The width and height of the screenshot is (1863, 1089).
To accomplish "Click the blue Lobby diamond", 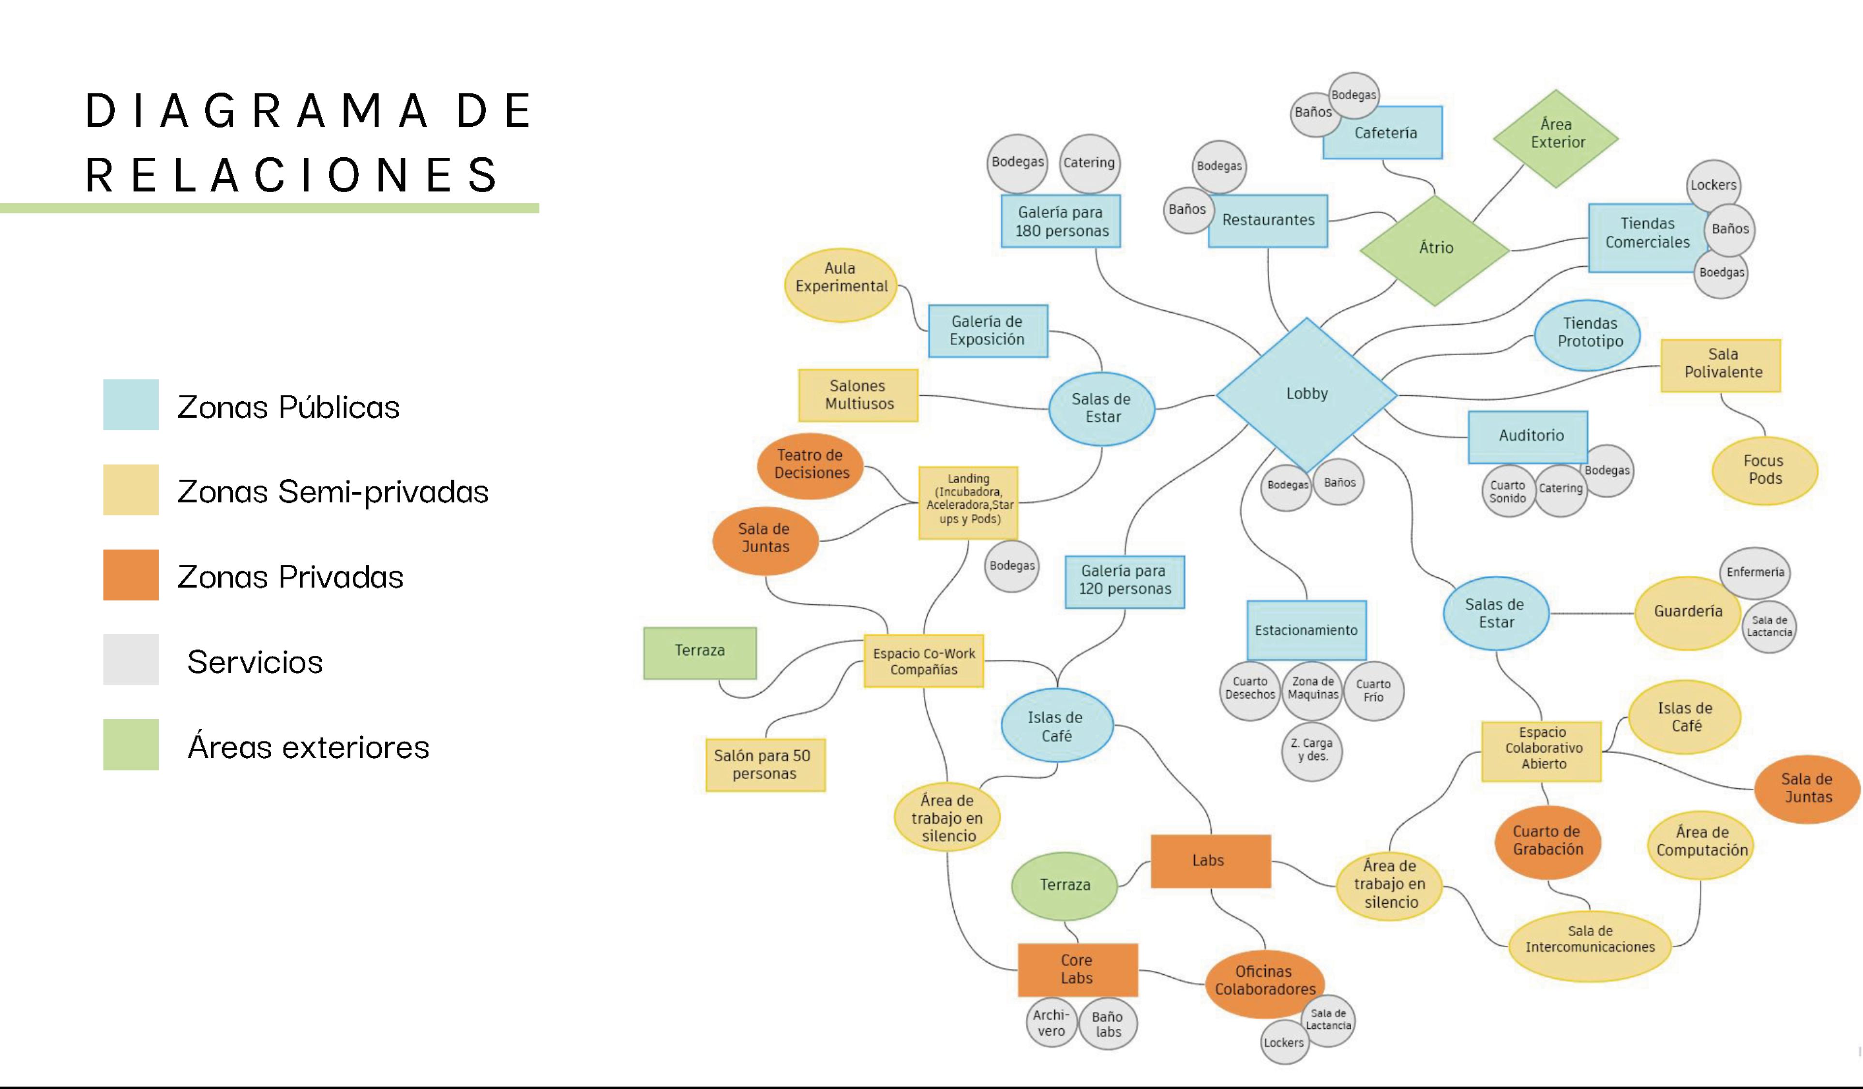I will [1307, 394].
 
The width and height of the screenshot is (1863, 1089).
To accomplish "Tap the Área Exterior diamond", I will [1556, 137].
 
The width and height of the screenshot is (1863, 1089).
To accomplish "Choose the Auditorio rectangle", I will [1529, 436].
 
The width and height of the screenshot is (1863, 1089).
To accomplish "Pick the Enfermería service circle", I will [1755, 572].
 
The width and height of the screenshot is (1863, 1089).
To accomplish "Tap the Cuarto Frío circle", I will [1373, 691].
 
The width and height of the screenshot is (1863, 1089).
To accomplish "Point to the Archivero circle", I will [1051, 1023].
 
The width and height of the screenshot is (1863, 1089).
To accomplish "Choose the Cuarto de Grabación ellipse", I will [1548, 841].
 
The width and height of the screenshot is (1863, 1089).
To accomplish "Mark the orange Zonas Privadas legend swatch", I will [131, 575].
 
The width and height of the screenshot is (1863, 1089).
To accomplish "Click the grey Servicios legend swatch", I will [131, 660].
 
